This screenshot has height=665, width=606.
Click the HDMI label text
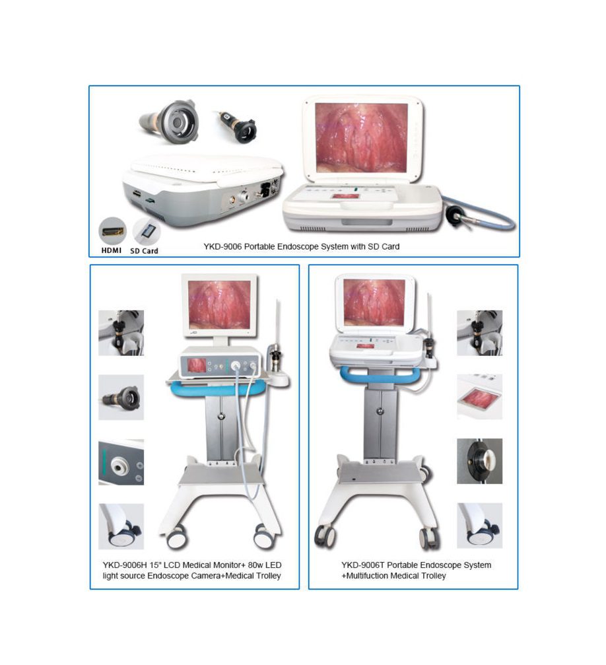[111, 250]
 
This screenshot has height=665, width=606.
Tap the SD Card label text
[144, 251]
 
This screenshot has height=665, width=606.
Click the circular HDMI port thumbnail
[112, 231]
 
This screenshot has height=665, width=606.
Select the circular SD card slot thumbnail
[147, 232]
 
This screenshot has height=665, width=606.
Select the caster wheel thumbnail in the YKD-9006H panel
[121, 526]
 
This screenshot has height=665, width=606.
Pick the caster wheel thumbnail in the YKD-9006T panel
[480, 526]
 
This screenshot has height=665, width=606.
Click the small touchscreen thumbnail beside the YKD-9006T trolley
[480, 397]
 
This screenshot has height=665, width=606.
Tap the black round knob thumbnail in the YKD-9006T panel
[480, 461]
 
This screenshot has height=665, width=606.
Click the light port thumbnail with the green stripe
[121, 462]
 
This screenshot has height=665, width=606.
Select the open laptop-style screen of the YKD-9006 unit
[361, 137]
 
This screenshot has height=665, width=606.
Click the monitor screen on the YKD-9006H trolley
[219, 305]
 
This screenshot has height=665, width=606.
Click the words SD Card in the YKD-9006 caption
[384, 246]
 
